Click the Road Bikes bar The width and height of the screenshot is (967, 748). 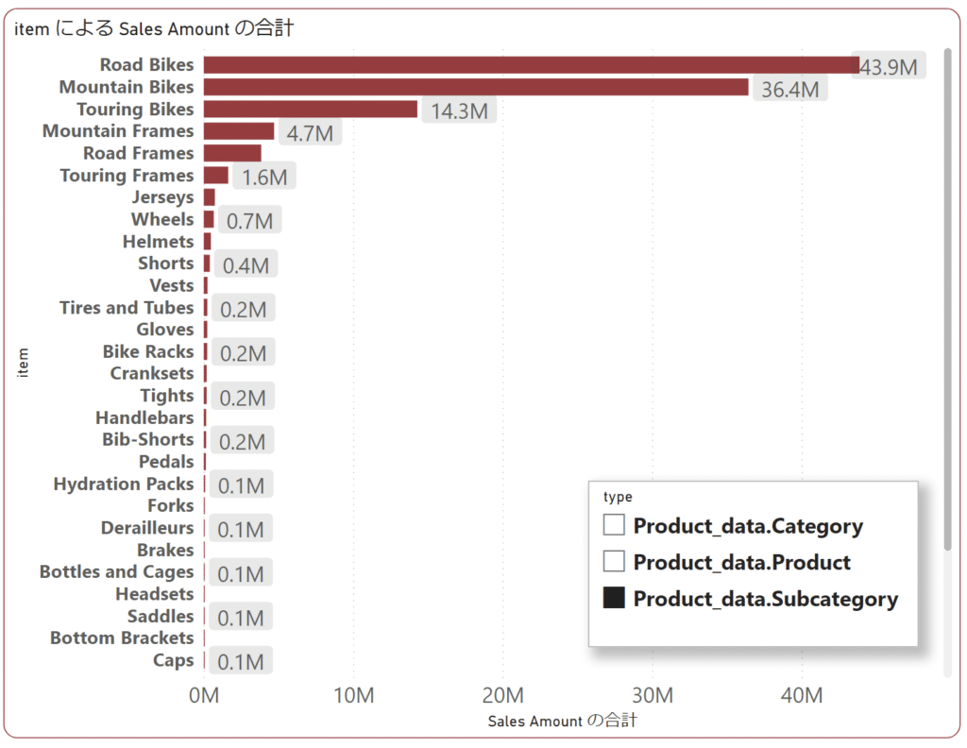tap(529, 65)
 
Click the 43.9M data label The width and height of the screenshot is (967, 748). tap(889, 67)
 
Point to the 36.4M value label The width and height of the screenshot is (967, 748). tap(789, 90)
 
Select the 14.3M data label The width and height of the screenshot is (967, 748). tap(459, 111)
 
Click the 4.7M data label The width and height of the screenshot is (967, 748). tap(310, 133)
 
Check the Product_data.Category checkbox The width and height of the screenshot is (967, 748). tap(614, 525)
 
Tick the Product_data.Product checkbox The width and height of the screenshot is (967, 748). tap(614, 561)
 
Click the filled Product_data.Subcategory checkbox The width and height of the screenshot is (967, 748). tap(614, 598)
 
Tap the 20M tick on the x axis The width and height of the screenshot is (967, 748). tap(502, 696)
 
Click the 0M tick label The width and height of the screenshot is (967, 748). tap(204, 696)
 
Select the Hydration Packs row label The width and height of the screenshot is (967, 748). tap(123, 484)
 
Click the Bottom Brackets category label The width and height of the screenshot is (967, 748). tap(121, 638)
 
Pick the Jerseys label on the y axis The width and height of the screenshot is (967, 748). tap(162, 197)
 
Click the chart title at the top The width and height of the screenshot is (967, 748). tap(154, 28)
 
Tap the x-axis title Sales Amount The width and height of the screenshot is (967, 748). tap(562, 721)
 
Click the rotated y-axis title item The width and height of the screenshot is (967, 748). tap(24, 363)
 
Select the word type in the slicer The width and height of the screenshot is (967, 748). tap(618, 497)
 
